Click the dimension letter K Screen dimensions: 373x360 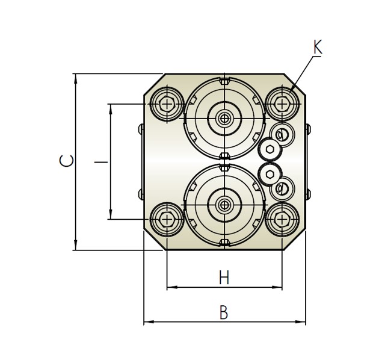click(x=318, y=47)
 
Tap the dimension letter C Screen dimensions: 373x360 click(x=66, y=161)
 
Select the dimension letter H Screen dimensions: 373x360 click(x=224, y=278)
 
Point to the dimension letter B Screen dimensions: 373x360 click(x=224, y=312)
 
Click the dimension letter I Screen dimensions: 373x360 click(x=101, y=162)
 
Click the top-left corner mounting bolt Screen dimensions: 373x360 click(x=167, y=104)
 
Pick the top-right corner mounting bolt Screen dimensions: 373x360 click(x=282, y=104)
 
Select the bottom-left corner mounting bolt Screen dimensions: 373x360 click(x=167, y=219)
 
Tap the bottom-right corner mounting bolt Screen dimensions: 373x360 click(x=282, y=219)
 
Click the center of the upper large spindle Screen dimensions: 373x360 click(x=224, y=119)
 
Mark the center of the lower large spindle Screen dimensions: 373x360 click(x=224, y=205)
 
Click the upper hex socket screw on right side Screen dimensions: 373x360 click(x=270, y=149)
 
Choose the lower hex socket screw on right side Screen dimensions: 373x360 click(x=270, y=174)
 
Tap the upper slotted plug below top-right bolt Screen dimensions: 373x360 click(x=282, y=135)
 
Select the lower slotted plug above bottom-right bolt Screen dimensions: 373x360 click(x=282, y=188)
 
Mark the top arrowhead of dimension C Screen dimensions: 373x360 click(x=76, y=79)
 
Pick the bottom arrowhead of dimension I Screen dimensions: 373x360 click(x=111, y=214)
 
